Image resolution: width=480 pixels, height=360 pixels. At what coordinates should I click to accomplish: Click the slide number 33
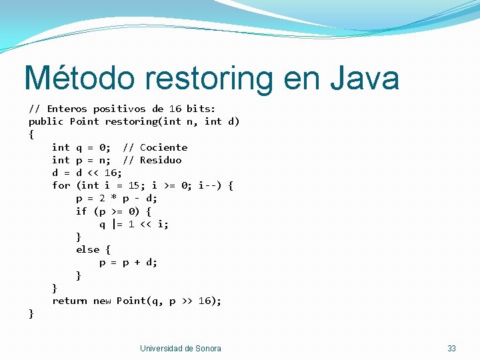click(x=451, y=349)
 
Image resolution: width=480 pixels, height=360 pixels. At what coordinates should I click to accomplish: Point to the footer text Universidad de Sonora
click(x=180, y=349)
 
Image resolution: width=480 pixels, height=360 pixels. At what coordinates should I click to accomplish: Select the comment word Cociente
click(x=163, y=147)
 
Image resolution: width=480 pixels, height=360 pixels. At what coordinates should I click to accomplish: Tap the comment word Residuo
click(x=160, y=160)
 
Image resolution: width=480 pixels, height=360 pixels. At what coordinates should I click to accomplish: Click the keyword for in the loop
click(x=61, y=185)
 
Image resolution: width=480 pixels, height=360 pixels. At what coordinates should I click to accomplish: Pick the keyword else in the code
click(x=87, y=249)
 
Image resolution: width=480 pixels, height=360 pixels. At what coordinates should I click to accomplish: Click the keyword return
click(x=69, y=301)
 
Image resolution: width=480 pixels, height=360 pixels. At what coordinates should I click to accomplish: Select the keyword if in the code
click(x=81, y=211)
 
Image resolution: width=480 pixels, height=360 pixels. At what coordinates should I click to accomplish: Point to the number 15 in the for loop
click(x=134, y=185)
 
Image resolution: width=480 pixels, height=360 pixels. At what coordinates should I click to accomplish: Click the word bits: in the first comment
click(x=201, y=109)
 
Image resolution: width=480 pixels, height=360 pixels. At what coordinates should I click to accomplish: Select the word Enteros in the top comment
click(x=67, y=109)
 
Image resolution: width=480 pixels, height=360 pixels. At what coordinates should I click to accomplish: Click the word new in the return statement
click(x=102, y=301)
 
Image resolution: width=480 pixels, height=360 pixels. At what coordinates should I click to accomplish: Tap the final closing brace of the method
click(x=31, y=313)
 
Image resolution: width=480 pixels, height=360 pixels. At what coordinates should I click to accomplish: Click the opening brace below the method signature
click(x=31, y=135)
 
